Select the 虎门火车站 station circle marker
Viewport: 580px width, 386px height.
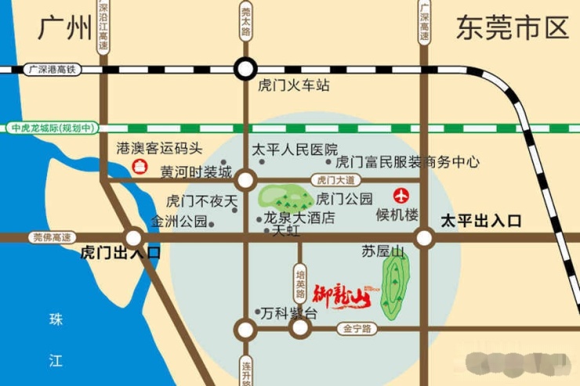pos(246,69)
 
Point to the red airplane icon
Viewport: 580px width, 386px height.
pos(403,195)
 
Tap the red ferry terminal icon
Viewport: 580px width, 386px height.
pos(140,166)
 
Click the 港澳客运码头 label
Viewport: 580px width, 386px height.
pos(159,147)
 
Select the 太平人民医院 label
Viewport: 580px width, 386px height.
pos(294,149)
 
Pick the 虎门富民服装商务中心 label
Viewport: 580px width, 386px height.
pos(407,163)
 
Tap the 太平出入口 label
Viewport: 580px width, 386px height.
pos(480,220)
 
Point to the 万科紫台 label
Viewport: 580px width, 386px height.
pos(289,313)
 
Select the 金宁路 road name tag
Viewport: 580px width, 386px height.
pos(356,330)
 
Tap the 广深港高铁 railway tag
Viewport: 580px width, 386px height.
pos(52,69)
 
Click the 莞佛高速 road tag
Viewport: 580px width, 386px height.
pos(52,236)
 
